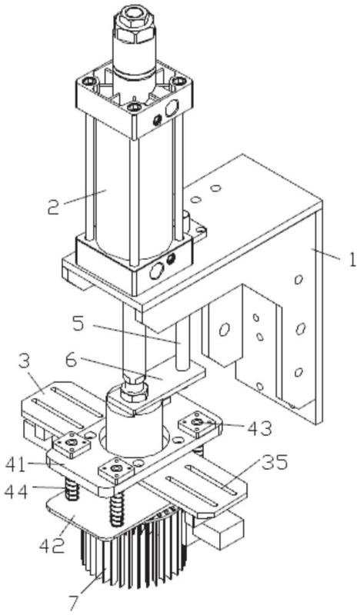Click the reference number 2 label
click(x=53, y=208)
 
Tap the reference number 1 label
click(x=352, y=260)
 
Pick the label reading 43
click(x=259, y=429)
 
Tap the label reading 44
click(x=16, y=491)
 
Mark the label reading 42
click(x=52, y=546)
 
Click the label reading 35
click(x=275, y=463)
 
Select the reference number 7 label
click(x=74, y=604)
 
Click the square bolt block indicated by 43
click(x=198, y=424)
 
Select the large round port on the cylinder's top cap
click(x=172, y=108)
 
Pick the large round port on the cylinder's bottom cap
click(x=157, y=271)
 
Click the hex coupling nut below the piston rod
click(x=134, y=389)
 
